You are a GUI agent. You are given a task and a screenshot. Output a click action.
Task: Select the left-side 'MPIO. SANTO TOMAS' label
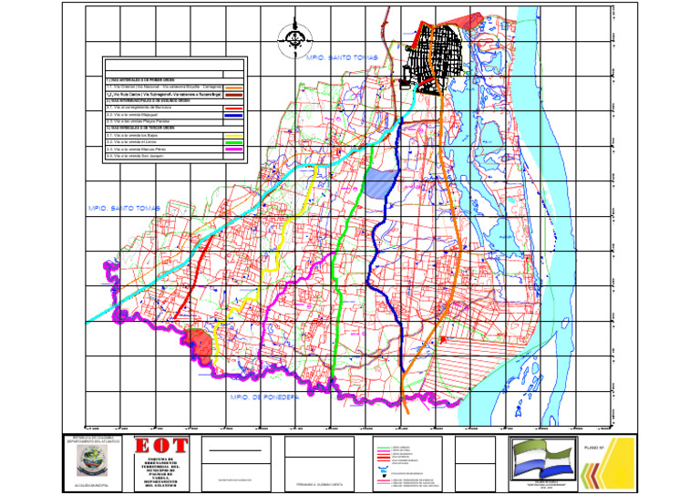coord(124,209)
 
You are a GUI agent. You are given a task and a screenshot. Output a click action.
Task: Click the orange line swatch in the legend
coord(233,88)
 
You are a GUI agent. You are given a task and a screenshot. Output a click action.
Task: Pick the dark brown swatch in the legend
coord(233,95)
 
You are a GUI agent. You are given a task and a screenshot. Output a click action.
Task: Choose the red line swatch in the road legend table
coord(233,108)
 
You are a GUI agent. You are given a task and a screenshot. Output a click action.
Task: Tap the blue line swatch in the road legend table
coord(233,115)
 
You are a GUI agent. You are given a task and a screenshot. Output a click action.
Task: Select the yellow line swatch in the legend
coord(233,135)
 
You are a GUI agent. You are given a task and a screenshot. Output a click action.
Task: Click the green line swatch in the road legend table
coord(233,142)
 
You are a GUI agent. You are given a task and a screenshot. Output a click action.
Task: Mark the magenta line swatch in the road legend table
coord(233,150)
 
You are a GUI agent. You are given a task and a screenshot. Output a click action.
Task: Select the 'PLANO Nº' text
coord(594,447)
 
